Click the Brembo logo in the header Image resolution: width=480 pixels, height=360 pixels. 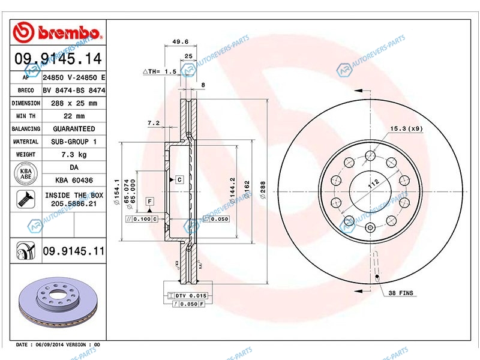tap(57, 32)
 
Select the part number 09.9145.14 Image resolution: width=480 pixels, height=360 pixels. tap(58, 58)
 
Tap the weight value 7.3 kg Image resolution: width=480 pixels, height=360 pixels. tap(74, 155)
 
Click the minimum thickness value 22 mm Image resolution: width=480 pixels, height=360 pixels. tap(74, 116)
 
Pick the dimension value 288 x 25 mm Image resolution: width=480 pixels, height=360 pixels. tap(74, 103)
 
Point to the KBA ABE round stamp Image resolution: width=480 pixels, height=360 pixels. tap(26, 174)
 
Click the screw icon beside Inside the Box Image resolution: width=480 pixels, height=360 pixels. tap(26, 199)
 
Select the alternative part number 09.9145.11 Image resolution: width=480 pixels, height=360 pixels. tap(74, 251)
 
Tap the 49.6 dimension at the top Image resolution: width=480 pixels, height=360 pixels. tap(181, 41)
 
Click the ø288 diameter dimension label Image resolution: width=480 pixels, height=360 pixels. tap(263, 190)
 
